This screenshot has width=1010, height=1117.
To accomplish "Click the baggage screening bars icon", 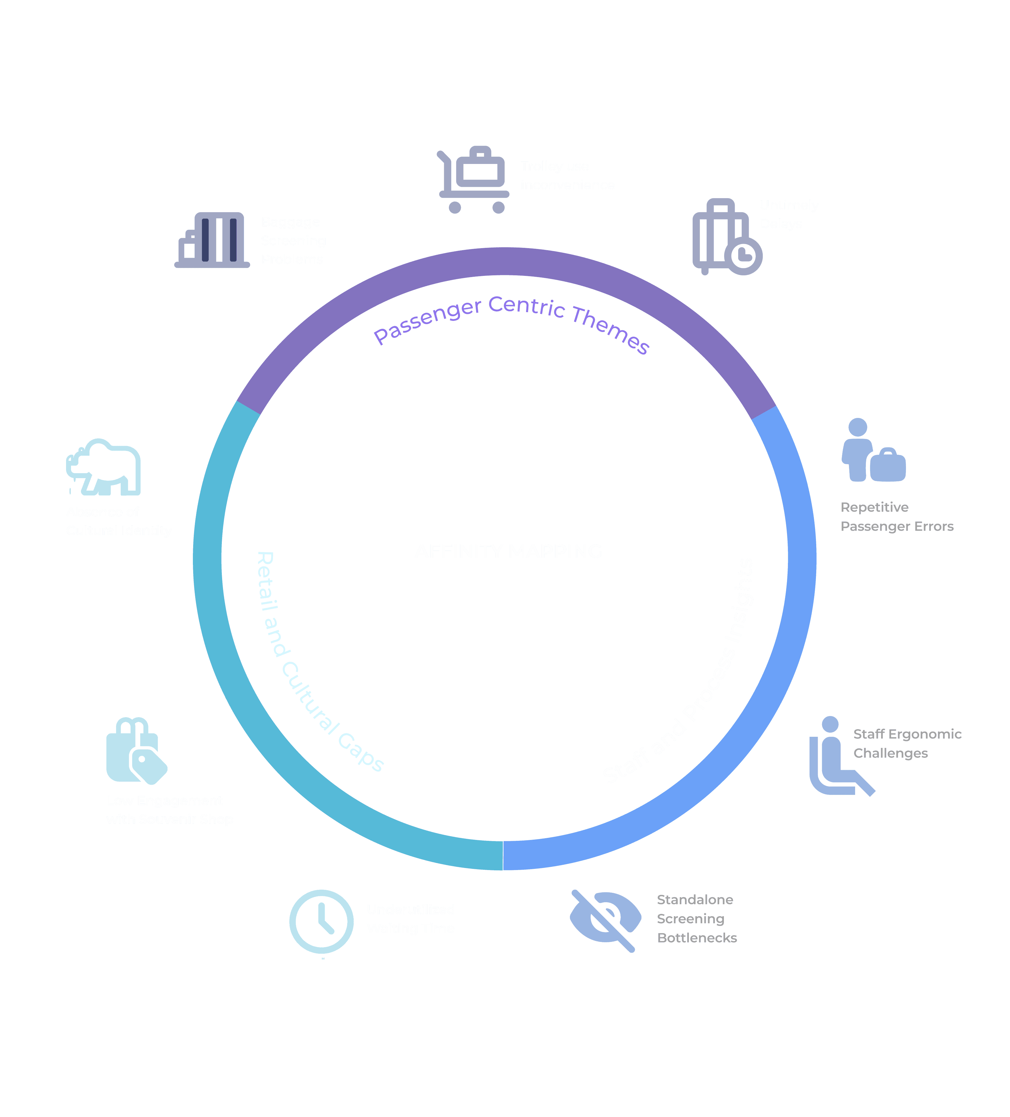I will click(x=212, y=240).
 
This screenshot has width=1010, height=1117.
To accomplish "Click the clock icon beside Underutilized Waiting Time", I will click(x=321, y=921).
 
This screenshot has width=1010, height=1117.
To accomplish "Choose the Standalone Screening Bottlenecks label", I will click(x=696, y=919).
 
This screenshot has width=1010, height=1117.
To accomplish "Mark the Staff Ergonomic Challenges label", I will click(x=907, y=743).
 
